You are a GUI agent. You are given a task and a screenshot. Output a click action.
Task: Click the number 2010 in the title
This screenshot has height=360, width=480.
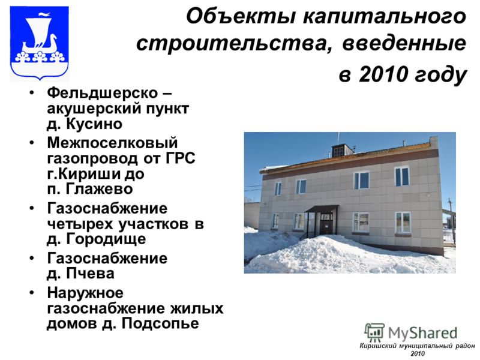click(383, 74)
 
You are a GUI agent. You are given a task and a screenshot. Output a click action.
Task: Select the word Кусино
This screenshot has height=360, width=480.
click(94, 124)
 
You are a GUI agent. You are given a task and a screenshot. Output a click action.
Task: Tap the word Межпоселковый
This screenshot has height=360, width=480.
click(112, 143)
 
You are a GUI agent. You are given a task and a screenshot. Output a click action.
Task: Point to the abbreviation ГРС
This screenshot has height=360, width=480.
click(181, 158)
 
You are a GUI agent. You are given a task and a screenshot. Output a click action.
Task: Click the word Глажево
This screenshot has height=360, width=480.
click(99, 189)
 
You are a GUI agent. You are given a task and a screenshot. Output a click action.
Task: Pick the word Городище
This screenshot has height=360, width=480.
click(106, 239)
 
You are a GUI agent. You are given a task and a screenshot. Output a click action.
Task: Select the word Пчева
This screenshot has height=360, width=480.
click(91, 274)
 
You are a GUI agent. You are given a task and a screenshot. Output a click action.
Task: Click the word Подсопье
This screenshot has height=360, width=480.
click(160, 323)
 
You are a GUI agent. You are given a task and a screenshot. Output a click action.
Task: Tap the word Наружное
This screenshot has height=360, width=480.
click(85, 293)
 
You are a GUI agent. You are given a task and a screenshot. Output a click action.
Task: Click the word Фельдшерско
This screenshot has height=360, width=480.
click(102, 93)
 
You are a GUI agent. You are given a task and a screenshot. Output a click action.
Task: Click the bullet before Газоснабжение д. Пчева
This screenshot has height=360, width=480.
click(32, 258)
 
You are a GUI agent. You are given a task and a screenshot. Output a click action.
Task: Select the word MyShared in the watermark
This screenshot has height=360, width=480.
click(422, 333)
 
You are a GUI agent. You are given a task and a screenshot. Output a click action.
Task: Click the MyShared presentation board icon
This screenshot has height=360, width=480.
click(374, 332)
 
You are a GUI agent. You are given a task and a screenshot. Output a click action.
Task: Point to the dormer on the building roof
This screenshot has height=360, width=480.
click(342, 151)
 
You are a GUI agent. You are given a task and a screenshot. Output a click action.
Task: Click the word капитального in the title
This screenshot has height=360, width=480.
click(385, 17)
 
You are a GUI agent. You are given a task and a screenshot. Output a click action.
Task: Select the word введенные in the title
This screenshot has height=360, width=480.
click(404, 43)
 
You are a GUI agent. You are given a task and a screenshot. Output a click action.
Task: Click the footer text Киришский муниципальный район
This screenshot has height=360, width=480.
click(417, 346)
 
